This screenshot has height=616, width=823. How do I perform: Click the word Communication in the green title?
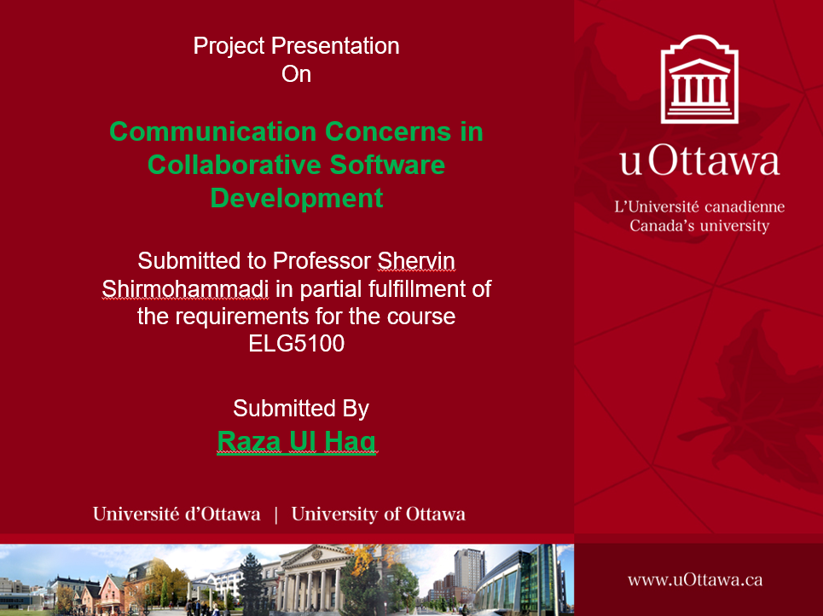(213, 131)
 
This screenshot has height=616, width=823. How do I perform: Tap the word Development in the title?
(297, 199)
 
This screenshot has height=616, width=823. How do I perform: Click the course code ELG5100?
(297, 344)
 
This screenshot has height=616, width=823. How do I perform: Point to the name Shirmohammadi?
(185, 289)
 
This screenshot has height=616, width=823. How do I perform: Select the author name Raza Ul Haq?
(297, 441)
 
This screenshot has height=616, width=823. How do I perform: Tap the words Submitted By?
(301, 408)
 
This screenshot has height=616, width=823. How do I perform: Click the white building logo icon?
(699, 78)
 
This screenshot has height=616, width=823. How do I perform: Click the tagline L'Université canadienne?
(699, 206)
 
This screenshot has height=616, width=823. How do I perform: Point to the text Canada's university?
(699, 226)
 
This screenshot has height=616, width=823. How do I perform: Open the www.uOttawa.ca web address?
(695, 580)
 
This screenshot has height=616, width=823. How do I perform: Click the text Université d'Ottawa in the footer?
(177, 514)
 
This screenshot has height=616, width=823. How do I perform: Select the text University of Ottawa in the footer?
(378, 514)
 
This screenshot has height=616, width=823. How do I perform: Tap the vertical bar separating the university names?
(276, 514)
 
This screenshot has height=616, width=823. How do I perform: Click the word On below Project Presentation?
(297, 73)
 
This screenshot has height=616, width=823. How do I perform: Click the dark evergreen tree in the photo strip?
(252, 583)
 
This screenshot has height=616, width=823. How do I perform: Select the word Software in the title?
(387, 165)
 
